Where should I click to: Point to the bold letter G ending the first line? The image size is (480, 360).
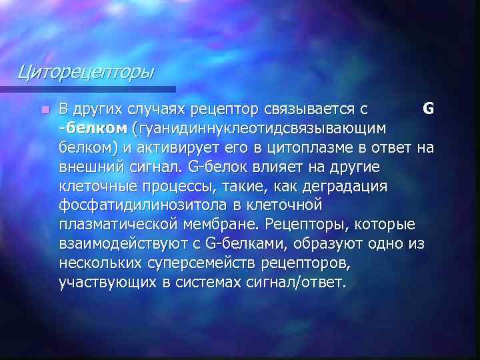(429, 108)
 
